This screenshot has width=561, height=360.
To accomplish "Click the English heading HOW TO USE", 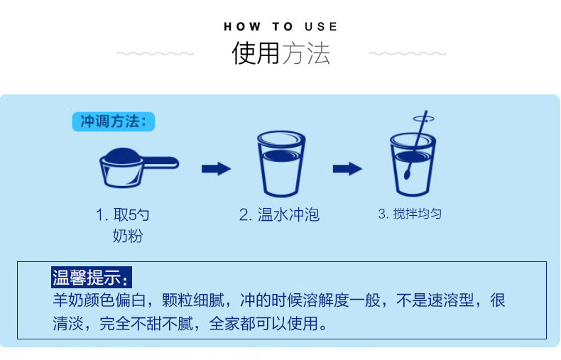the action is tap(280, 26).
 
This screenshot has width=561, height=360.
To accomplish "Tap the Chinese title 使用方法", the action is tap(281, 53).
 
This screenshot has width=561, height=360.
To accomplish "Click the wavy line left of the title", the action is tap(156, 54).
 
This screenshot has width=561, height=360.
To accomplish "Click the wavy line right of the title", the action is tap(408, 54).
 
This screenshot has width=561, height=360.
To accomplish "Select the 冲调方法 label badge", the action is tap(114, 121).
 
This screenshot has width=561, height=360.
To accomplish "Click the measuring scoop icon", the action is tap(138, 168).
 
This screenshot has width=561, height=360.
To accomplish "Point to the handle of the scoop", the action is tap(160, 163).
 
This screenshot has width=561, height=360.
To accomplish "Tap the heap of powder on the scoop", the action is tap(122, 156).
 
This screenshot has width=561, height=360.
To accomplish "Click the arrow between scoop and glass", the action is tap(216, 169).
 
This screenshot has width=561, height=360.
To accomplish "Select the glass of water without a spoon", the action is tap(281, 164).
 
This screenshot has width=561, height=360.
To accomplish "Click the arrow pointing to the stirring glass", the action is tap(347, 169).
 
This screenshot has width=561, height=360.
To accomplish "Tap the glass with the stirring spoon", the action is tap(413, 164).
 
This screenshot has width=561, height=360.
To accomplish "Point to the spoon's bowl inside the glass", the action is tap(408, 174).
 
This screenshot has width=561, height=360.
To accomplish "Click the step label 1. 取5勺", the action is tap(122, 214).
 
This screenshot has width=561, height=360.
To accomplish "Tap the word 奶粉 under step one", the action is tap(128, 236).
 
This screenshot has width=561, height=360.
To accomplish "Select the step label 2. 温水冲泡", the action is tap(279, 214).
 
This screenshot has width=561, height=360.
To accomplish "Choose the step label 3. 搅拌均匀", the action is tap(410, 214).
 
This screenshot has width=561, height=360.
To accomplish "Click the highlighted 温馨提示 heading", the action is tap(91, 278).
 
